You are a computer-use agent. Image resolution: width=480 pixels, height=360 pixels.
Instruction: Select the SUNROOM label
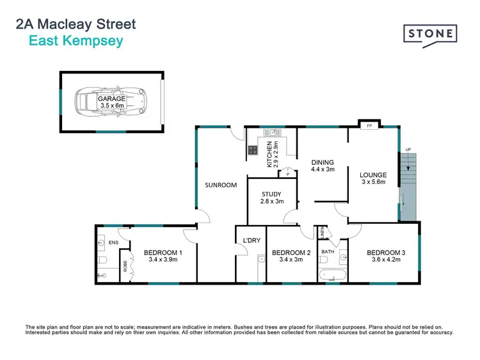[221, 185]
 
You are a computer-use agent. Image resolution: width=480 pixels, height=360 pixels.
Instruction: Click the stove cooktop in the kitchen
[253, 152]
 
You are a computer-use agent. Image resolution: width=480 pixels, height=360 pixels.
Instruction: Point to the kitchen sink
[271, 132]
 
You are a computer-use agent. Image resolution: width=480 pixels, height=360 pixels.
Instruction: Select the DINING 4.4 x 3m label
[323, 166]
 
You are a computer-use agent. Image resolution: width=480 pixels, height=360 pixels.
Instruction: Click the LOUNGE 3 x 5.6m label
[374, 178]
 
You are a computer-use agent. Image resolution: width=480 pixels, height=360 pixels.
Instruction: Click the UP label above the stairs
[408, 151]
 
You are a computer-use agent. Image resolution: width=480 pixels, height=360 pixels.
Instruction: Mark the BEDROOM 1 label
[163, 256]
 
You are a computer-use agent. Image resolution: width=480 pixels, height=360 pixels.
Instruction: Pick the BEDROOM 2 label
[291, 256]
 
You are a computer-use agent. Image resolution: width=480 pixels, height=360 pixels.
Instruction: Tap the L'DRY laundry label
[250, 240]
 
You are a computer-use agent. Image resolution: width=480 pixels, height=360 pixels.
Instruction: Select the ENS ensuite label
[114, 243]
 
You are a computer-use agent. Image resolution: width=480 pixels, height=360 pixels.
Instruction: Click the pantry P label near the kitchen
[288, 174]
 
